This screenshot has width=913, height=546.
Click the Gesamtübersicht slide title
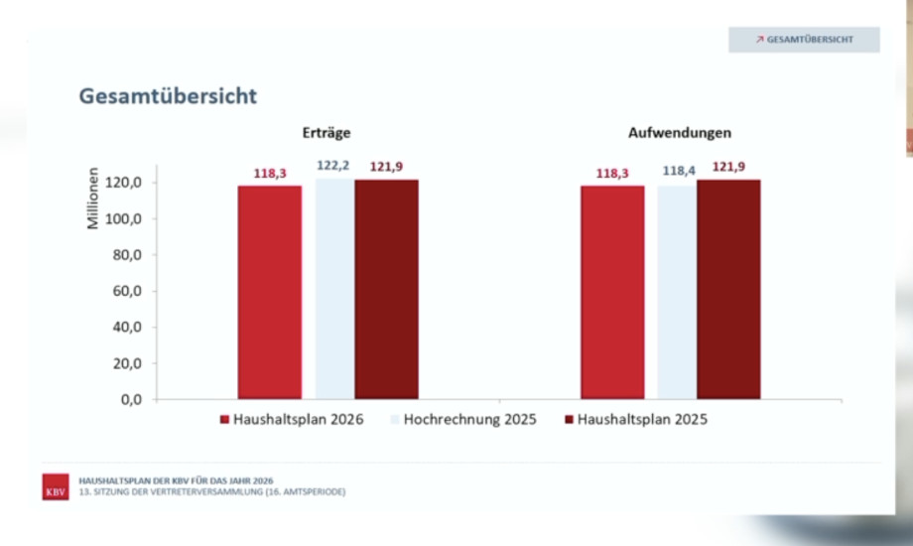point(168,96)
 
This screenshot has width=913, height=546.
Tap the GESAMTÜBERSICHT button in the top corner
point(804,40)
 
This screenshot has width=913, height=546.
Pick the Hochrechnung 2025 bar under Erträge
point(334,288)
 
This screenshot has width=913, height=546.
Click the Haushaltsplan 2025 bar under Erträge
point(387,289)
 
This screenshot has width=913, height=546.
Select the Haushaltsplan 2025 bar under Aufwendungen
point(728,289)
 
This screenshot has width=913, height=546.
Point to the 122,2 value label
point(332,166)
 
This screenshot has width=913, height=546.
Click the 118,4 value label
point(679,171)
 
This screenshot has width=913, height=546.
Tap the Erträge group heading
point(327,132)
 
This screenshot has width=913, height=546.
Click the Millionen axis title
point(93,199)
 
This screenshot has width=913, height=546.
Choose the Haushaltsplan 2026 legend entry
point(292,420)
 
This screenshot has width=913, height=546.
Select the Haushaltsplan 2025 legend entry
point(636,420)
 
